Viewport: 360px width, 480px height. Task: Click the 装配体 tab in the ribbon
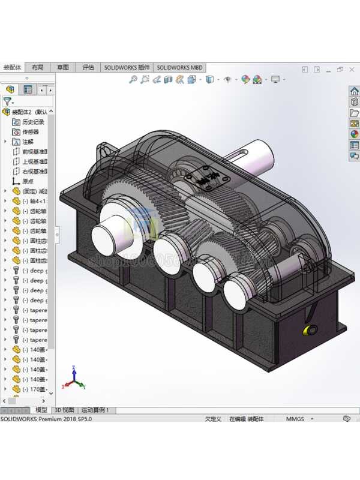12,68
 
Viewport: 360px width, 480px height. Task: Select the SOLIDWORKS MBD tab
179,68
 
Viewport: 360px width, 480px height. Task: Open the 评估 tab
88,68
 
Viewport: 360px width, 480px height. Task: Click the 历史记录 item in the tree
33,122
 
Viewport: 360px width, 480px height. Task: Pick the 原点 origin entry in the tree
28,181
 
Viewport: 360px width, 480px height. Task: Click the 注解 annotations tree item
28,142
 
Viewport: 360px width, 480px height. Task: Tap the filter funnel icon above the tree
7,101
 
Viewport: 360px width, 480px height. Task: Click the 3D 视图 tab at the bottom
64,410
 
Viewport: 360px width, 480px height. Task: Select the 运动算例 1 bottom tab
96,410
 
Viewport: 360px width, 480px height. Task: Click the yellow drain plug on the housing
311,330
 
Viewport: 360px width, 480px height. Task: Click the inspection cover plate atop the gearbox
207,178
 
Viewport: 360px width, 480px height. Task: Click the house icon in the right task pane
354,91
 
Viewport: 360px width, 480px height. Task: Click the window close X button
352,70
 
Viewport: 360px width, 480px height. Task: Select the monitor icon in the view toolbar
275,79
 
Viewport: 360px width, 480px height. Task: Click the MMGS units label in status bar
295,419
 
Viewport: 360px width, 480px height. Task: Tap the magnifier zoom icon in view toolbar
133,79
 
